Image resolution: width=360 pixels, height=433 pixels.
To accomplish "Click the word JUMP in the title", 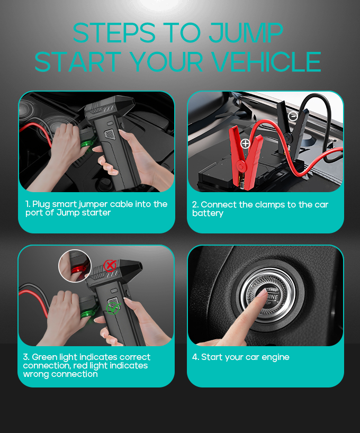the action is pyautogui.click(x=246, y=33).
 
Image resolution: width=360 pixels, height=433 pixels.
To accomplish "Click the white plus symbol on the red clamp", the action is pyautogui.click(x=245, y=143).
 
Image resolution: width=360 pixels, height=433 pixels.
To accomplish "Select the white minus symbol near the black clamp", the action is pyautogui.click(x=293, y=116).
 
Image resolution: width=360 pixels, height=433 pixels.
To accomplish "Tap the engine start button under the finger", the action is pyautogui.click(x=267, y=295).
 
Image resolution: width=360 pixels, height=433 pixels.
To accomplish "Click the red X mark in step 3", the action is pyautogui.click(x=110, y=266).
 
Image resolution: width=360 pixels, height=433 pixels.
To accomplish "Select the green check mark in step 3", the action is pyautogui.click(x=113, y=308).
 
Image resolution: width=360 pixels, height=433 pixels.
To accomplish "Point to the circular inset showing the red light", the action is pyautogui.click(x=75, y=266).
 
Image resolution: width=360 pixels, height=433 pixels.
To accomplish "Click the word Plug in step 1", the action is pyautogui.click(x=41, y=204).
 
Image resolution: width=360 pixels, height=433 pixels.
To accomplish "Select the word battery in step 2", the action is pyautogui.click(x=208, y=213).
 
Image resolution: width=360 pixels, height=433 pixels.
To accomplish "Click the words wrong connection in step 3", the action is pyautogui.click(x=60, y=374).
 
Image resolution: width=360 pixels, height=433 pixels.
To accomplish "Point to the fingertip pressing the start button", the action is pyautogui.click(x=262, y=294).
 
